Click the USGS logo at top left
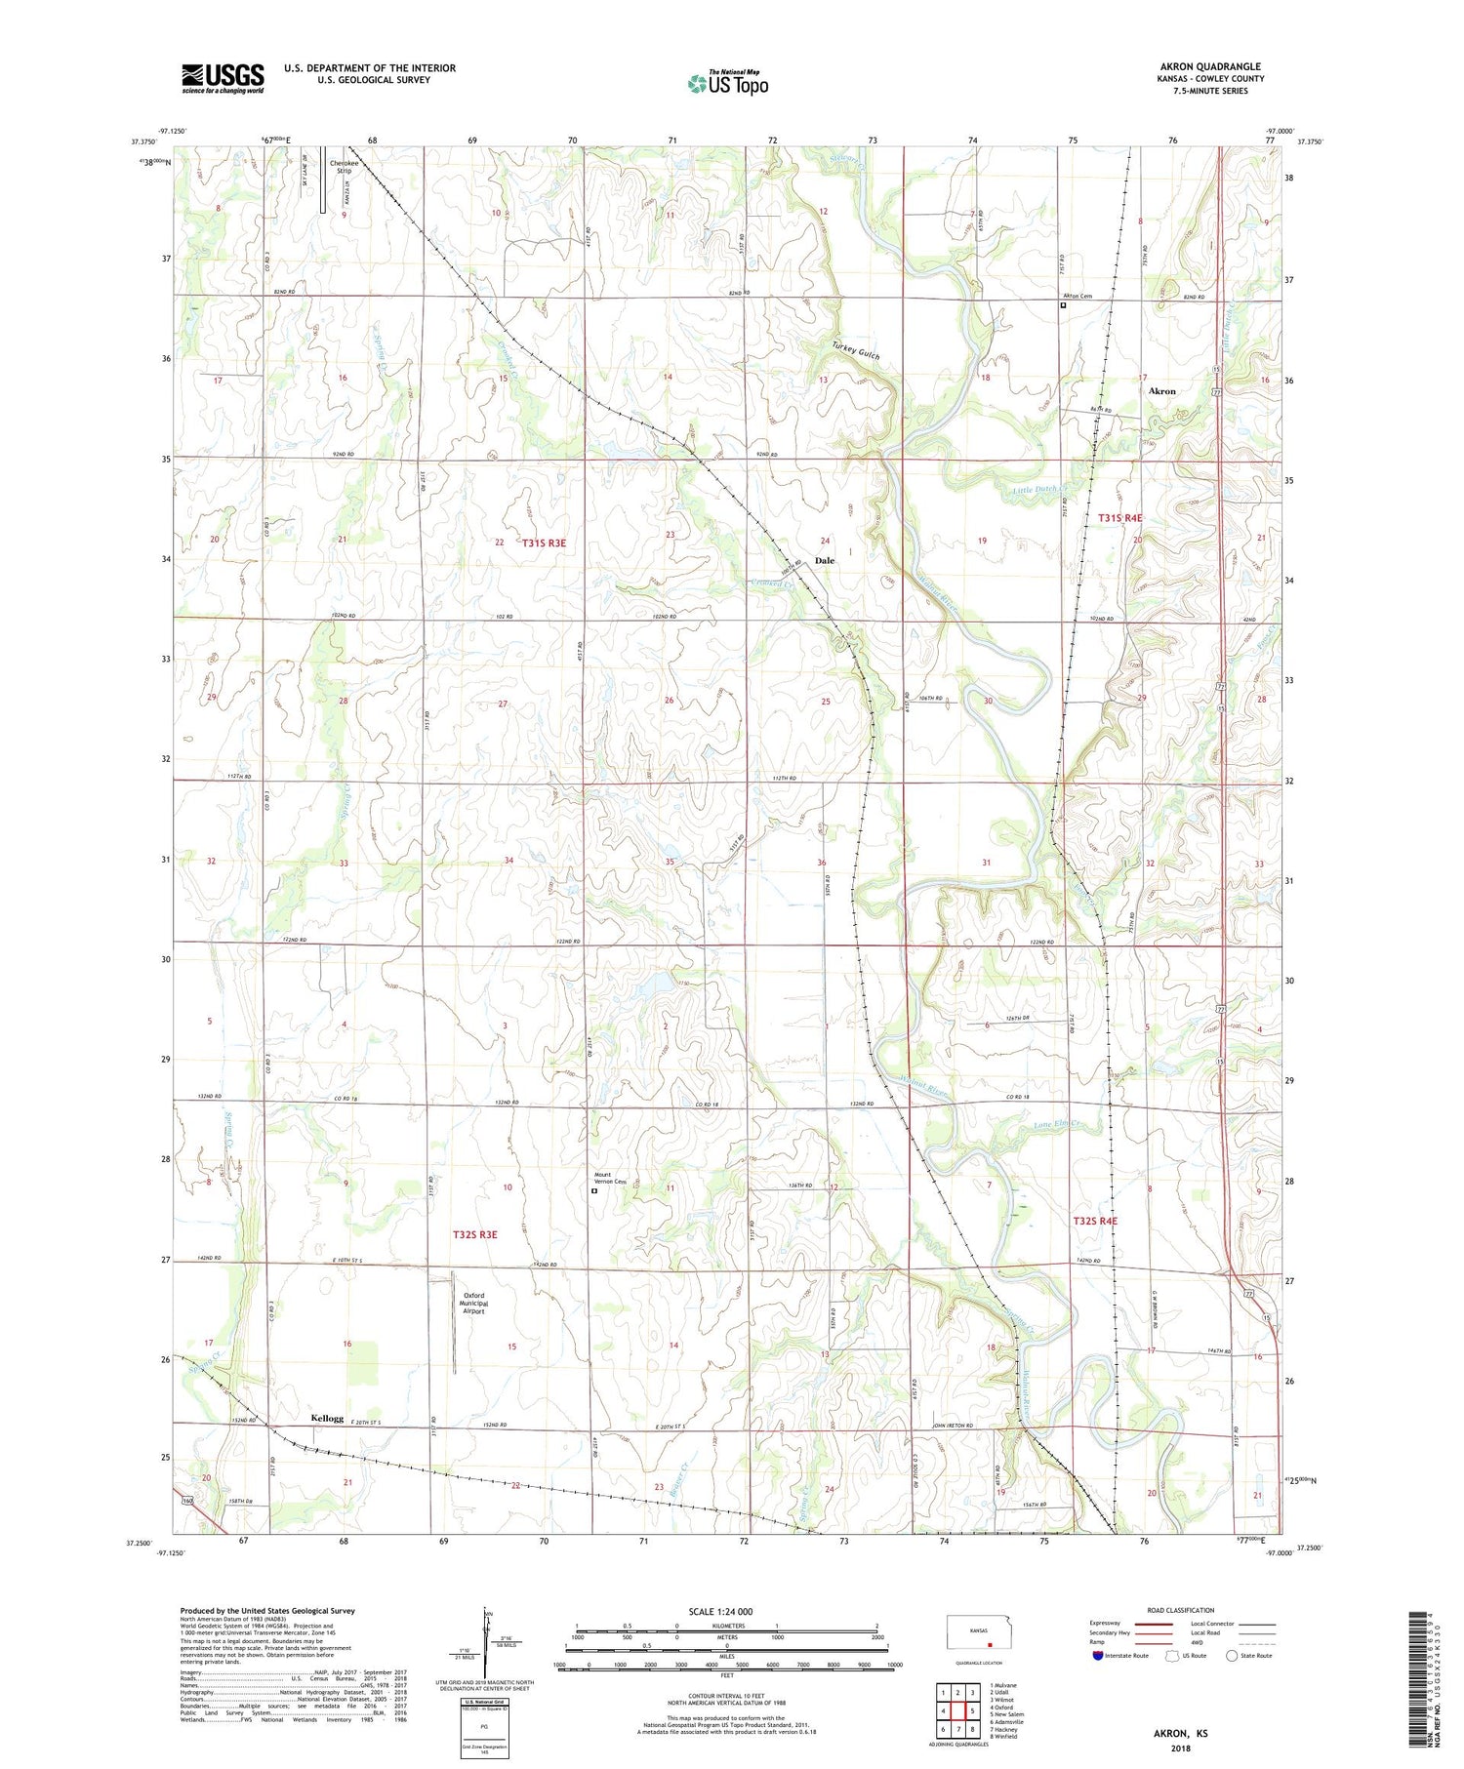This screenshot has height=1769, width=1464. coord(223,78)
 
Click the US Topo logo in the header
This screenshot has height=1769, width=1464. coord(727,84)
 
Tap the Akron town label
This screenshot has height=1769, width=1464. coord(1161,391)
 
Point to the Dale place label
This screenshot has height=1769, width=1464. coord(825,561)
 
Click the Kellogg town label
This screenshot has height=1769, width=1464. coord(327,1418)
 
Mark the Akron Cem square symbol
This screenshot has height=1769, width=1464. coord(1064,305)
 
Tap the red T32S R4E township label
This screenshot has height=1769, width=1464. coord(1095,1222)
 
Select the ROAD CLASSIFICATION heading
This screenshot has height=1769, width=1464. coord(1181,1610)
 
